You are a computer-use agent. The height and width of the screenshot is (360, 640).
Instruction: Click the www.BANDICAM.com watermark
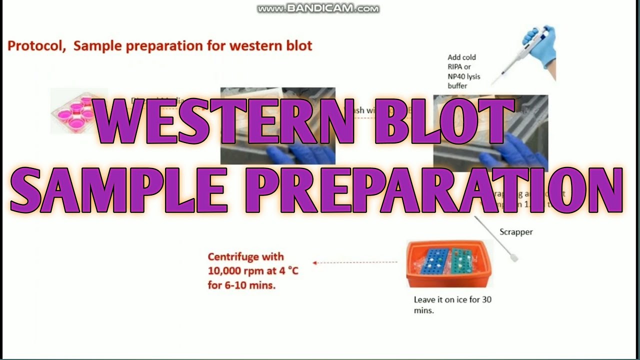[x=318, y=8]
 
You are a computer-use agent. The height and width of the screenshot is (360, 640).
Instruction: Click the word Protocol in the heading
[x=36, y=46]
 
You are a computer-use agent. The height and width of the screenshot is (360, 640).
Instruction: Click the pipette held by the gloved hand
[x=520, y=55]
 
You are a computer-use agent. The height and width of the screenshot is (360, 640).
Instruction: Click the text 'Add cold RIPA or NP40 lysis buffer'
[x=462, y=71]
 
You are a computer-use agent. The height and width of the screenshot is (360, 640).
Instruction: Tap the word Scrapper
[x=516, y=232]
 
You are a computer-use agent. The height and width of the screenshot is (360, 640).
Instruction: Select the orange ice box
[x=449, y=265]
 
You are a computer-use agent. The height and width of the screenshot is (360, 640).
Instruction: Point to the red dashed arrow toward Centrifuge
[x=355, y=262]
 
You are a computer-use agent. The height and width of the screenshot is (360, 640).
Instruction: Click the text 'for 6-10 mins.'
[x=241, y=286]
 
